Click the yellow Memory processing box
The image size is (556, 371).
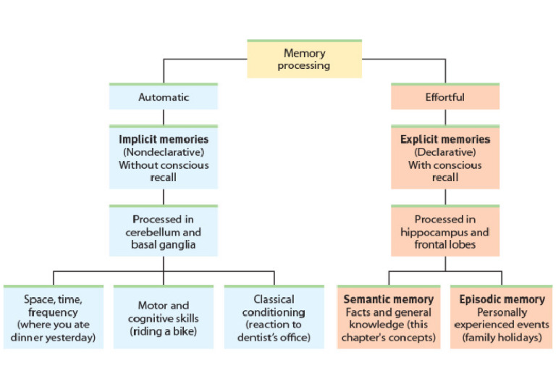[x=304, y=59]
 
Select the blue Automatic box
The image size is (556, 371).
[x=164, y=96]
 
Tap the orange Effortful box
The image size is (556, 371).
[x=445, y=96]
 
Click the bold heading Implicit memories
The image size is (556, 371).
[x=164, y=139]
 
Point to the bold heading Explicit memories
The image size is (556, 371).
[x=445, y=139]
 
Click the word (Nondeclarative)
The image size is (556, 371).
[x=164, y=152]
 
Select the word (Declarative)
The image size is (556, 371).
[x=445, y=152]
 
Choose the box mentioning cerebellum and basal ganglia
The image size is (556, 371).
[x=164, y=232]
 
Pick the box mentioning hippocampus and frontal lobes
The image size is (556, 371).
[x=445, y=232]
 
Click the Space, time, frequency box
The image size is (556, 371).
[x=54, y=317]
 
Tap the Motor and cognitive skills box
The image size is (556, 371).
[x=164, y=317]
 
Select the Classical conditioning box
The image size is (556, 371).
[x=274, y=317]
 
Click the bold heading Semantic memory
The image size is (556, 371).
[x=389, y=299]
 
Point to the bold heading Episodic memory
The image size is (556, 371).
[x=502, y=299]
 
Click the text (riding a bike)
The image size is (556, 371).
[x=164, y=331]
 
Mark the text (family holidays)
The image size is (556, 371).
[x=502, y=338]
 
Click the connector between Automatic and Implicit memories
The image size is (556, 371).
[x=164, y=117]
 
